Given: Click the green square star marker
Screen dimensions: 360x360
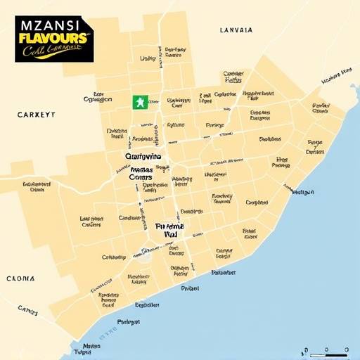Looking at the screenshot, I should pos(140,101).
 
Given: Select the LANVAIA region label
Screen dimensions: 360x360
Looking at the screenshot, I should pos(236,30).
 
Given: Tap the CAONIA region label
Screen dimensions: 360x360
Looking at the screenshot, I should pos(20,278).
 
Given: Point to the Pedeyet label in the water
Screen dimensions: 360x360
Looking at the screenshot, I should pos(128,322).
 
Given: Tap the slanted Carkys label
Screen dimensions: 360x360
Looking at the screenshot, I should pos(27,309).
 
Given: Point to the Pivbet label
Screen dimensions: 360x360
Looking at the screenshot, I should pos(190,288).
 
